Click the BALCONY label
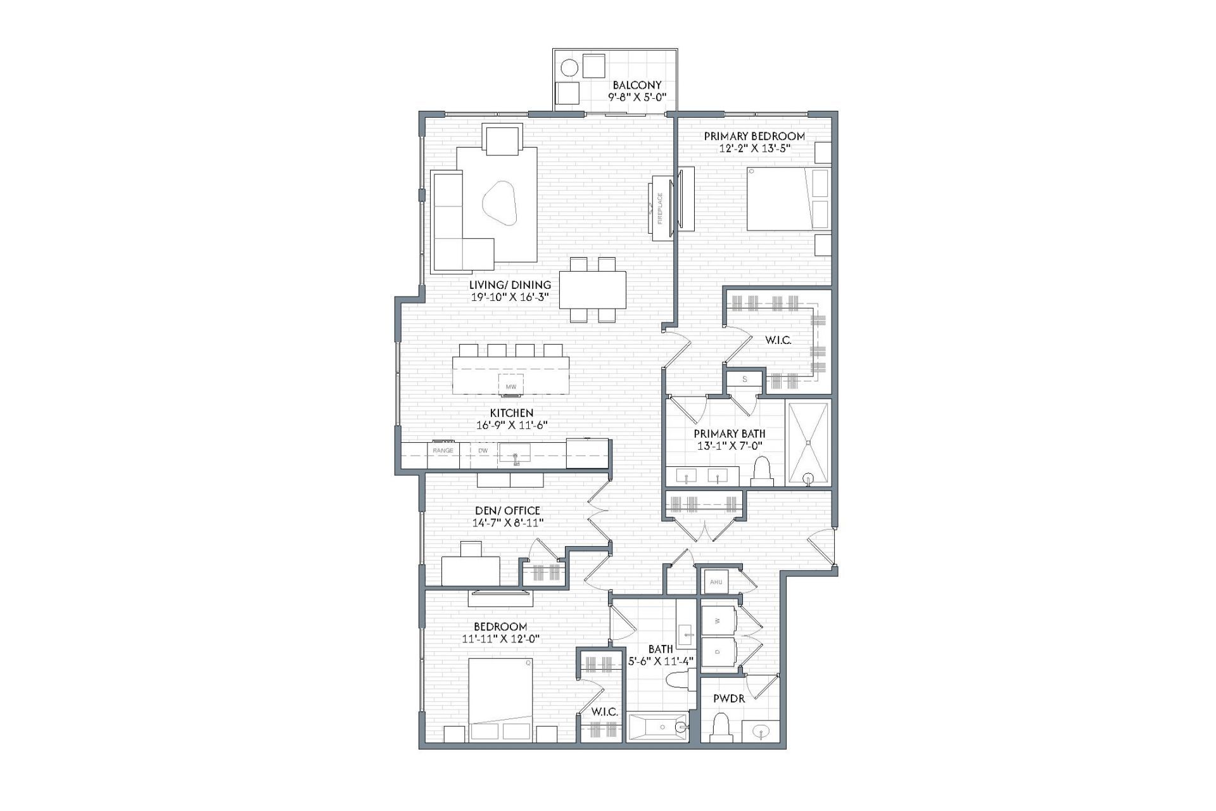pyautogui.click(x=636, y=85)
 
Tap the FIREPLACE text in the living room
pyautogui.click(x=660, y=208)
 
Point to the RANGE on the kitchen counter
pyautogui.click(x=443, y=450)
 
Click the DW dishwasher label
pyautogui.click(x=483, y=450)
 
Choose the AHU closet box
pyautogui.click(x=716, y=582)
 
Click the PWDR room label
pyautogui.click(x=729, y=699)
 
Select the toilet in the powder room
pyautogui.click(x=721, y=727)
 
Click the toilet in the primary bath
pyautogui.click(x=762, y=472)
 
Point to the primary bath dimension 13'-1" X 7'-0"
pyautogui.click(x=729, y=445)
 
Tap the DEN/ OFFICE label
pyautogui.click(x=508, y=511)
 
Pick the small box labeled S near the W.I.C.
pyautogui.click(x=745, y=380)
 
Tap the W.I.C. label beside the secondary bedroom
pyautogui.click(x=605, y=712)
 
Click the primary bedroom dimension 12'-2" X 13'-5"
pyautogui.click(x=754, y=148)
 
